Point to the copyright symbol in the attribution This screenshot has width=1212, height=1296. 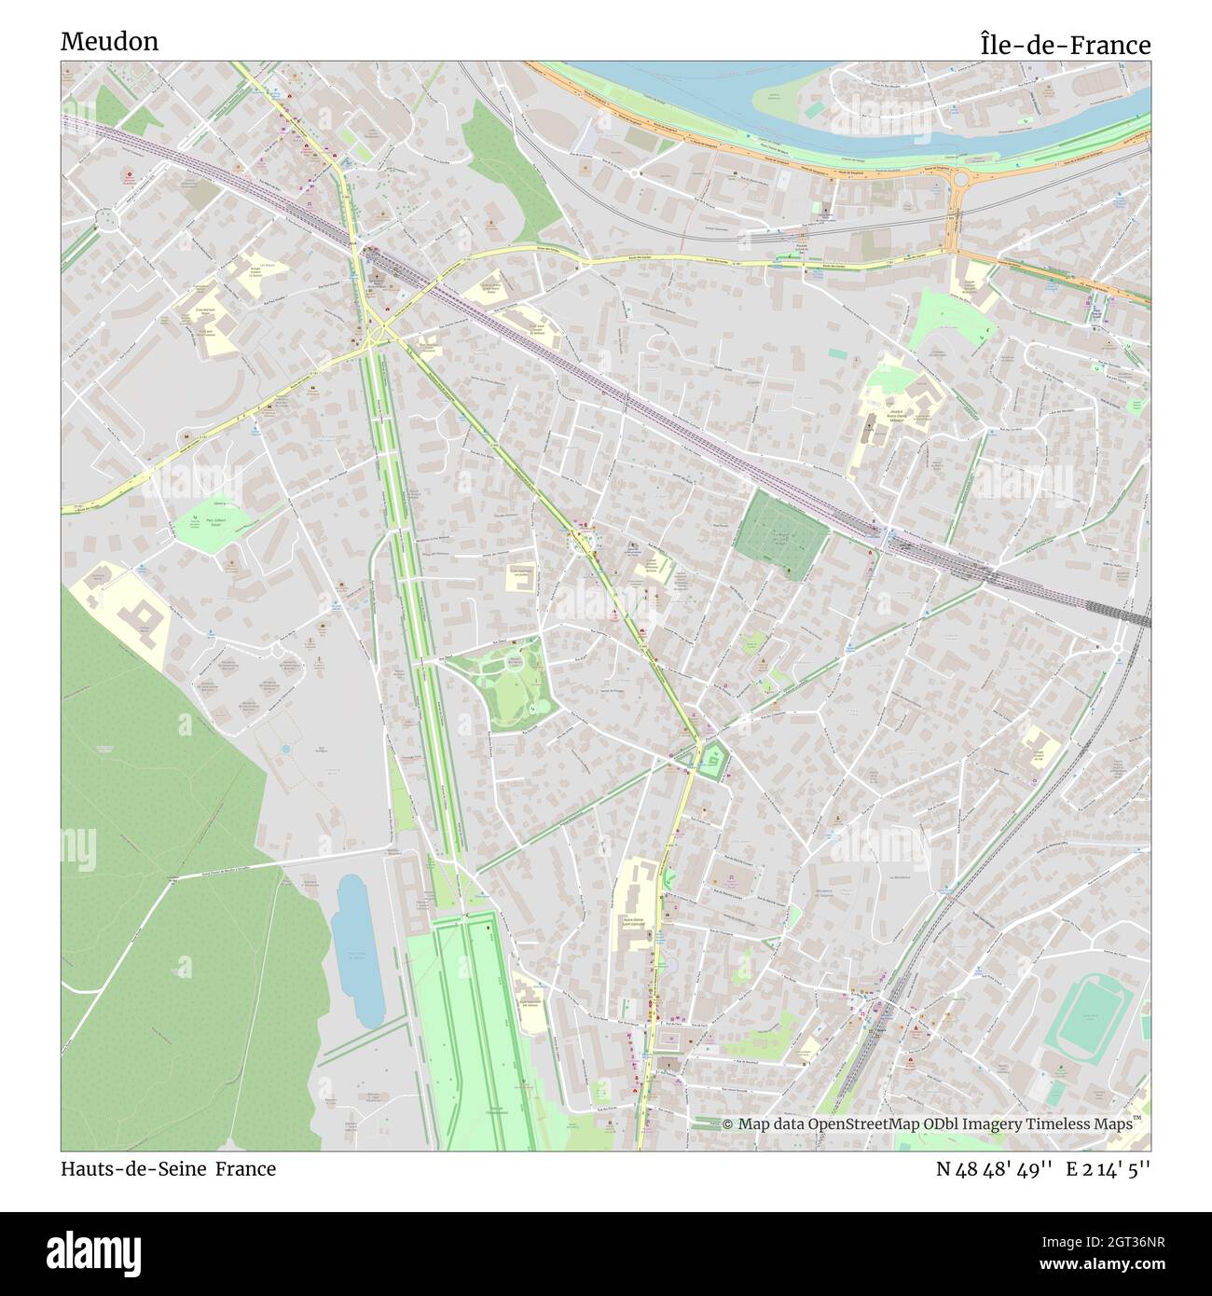(x=728, y=1124)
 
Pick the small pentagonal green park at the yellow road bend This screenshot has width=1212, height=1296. (x=713, y=763)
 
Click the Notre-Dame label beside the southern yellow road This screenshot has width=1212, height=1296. (x=636, y=919)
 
